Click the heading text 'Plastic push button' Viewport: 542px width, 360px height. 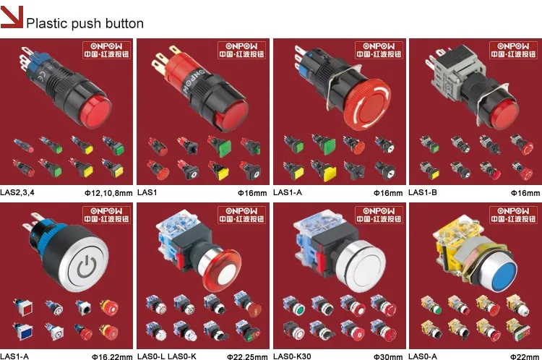coord(85,23)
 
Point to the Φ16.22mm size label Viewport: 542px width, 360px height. coord(112,356)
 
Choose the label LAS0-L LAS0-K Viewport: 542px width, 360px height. coord(168,356)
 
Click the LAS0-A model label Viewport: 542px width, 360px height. coord(424,356)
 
